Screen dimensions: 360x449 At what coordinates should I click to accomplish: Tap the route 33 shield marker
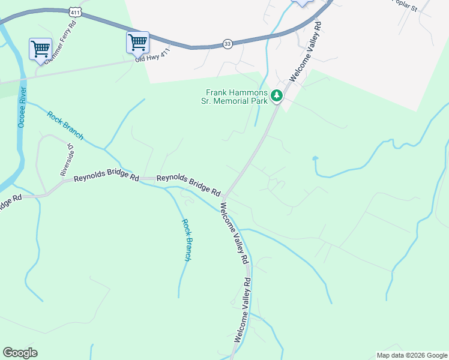(x=227, y=44)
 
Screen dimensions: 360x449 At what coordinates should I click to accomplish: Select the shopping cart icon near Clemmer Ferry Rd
(x=40, y=49)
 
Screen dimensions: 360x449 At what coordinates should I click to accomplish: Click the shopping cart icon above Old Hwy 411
(x=137, y=43)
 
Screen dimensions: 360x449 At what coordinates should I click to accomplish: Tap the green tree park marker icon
(x=276, y=95)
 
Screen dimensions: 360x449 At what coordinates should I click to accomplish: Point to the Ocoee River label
(x=22, y=107)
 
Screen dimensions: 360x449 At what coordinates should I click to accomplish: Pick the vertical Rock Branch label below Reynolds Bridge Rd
(x=187, y=239)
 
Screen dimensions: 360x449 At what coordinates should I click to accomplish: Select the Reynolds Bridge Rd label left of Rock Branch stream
(x=107, y=179)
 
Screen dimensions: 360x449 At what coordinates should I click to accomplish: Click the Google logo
(x=20, y=353)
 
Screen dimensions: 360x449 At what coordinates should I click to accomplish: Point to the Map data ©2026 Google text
(x=411, y=355)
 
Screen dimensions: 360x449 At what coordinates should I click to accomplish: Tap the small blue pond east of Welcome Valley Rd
(x=315, y=159)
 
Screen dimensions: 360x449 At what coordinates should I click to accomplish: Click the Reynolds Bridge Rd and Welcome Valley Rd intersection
(x=224, y=197)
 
